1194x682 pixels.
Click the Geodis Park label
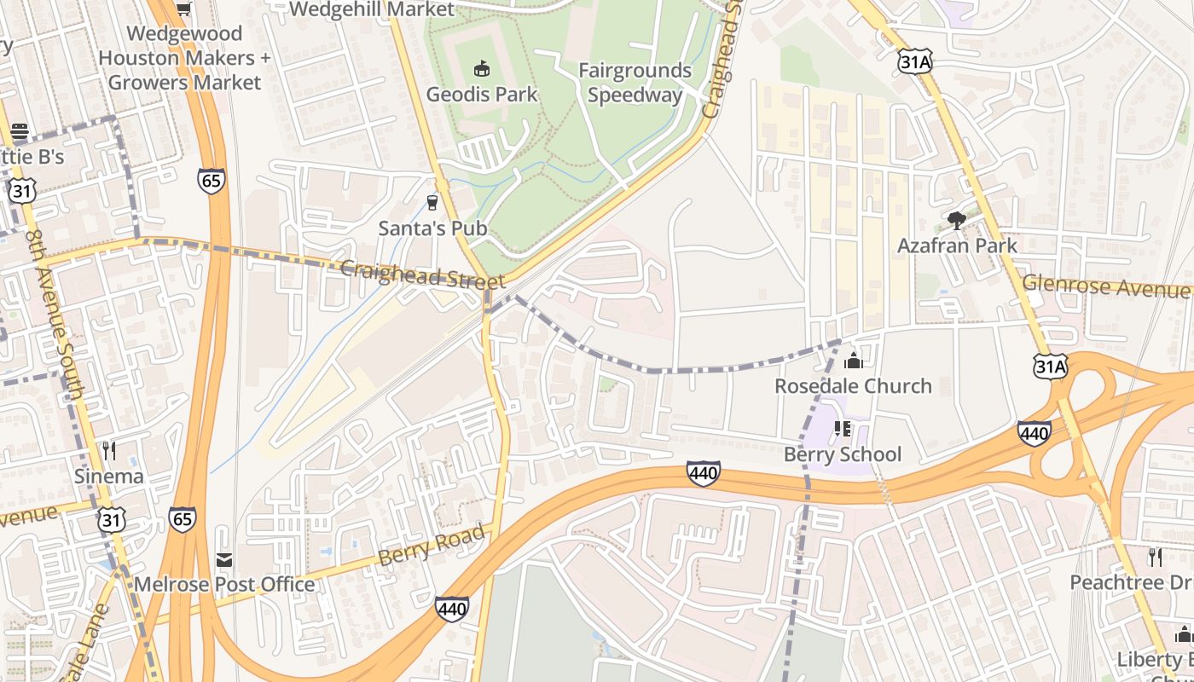[482, 94]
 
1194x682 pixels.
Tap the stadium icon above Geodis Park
[482, 68]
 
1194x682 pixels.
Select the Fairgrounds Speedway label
[635, 83]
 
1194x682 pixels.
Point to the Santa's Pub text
[432, 228]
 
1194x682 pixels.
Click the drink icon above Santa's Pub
[432, 202]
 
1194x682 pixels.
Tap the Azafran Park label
[957, 246]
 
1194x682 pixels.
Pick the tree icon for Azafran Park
[957, 221]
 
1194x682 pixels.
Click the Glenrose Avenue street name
[1106, 286]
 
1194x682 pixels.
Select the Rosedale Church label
[853, 386]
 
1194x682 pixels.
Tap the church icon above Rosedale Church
[853, 361]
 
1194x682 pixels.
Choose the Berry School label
[843, 454]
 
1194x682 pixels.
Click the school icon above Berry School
[843, 429]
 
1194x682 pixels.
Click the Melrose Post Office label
[224, 585]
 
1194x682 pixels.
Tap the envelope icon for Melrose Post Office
[224, 560]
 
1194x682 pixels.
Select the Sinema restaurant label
[108, 476]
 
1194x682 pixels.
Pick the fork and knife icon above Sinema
[108, 450]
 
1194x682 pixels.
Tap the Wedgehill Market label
[373, 9]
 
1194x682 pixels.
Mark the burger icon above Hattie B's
[20, 132]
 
